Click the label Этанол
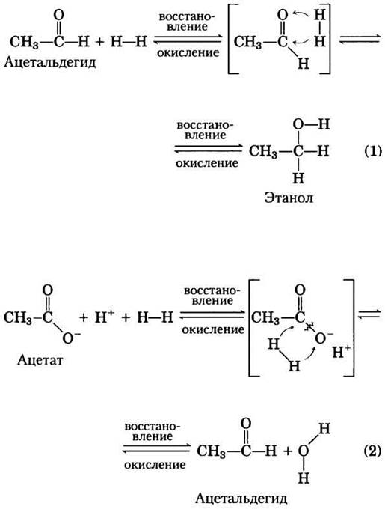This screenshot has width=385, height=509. click(x=289, y=198)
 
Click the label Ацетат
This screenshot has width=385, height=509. click(x=40, y=359)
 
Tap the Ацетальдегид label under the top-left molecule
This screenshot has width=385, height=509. click(x=50, y=61)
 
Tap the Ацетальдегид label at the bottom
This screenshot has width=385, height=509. click(x=241, y=499)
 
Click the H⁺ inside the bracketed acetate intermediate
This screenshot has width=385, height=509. click(x=341, y=352)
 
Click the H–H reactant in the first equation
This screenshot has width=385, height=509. click(x=129, y=42)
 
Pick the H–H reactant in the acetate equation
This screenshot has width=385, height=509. click(x=155, y=317)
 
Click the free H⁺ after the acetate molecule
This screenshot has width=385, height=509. click(x=104, y=317)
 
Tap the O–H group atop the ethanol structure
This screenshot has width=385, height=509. click(x=312, y=124)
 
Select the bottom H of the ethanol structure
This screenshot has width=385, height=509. click(x=298, y=178)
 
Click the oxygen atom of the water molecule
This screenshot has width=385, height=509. click(x=304, y=451)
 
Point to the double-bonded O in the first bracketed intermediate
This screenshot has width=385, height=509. click(x=283, y=15)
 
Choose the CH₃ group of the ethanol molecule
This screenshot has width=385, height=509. click(x=263, y=152)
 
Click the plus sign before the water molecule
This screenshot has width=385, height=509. click(x=287, y=451)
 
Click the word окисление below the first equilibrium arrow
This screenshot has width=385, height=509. click(x=188, y=52)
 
